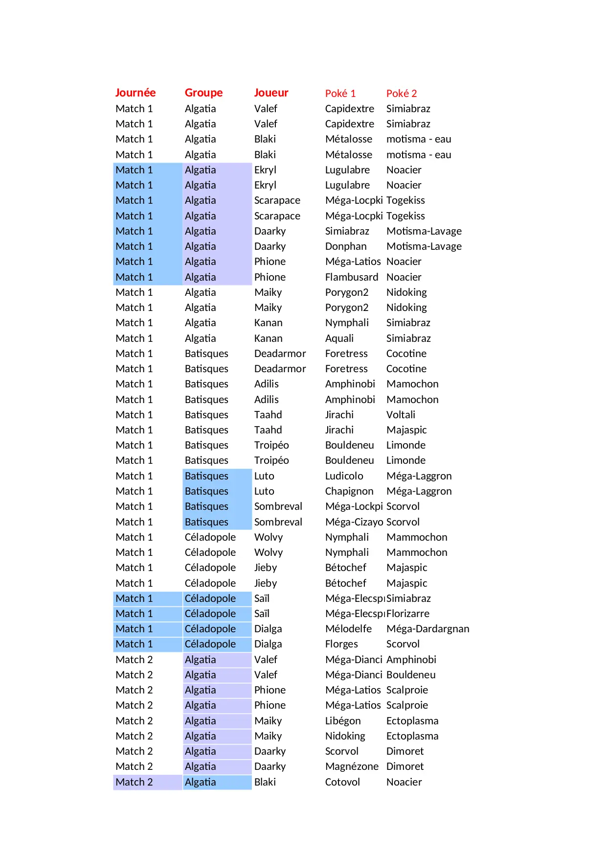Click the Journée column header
click(135, 93)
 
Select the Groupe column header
click(203, 93)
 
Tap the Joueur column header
click(271, 93)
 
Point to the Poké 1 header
click(340, 94)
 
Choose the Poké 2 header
click(402, 94)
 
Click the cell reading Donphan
click(345, 246)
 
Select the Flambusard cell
click(351, 277)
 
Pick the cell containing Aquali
click(339, 338)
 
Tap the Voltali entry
click(401, 415)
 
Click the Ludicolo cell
click(344, 476)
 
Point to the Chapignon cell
click(349, 491)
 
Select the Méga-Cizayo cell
click(354, 522)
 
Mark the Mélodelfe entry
click(348, 629)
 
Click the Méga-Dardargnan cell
click(427, 629)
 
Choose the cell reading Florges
click(341, 644)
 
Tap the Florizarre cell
click(408, 614)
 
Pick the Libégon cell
click(343, 721)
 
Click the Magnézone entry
click(351, 766)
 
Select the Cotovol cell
click(342, 782)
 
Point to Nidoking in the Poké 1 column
click(345, 736)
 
